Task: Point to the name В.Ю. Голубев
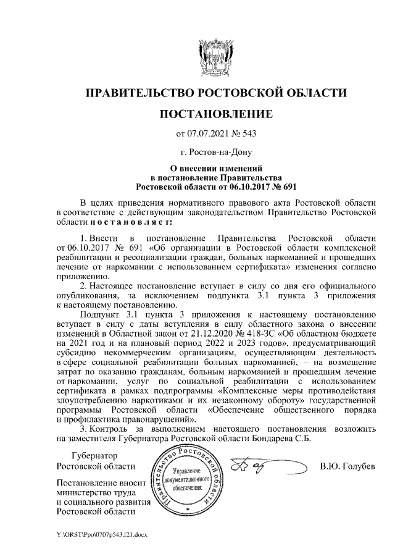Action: point(347,466)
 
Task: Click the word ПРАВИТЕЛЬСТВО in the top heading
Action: point(139,93)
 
